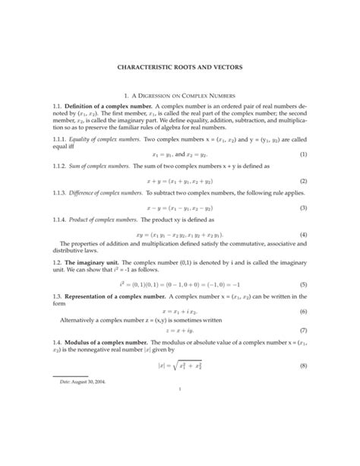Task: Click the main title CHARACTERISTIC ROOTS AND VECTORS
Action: click(x=180, y=68)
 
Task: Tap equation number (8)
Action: click(x=302, y=388)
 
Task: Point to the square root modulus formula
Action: click(x=180, y=388)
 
